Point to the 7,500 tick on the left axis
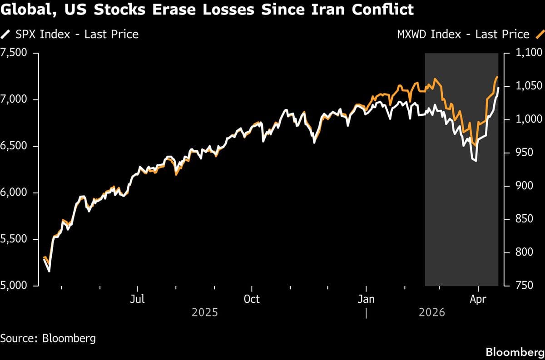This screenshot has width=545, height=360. point(15,53)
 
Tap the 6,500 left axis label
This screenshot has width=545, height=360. point(15,146)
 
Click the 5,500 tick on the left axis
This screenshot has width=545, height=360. point(15,239)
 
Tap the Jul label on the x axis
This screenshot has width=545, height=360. point(137,299)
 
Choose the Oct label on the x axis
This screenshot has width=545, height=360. point(252,299)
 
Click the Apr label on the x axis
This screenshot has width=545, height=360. point(478,299)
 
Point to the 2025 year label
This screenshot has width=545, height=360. point(205,313)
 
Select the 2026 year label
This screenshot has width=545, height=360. point(431,313)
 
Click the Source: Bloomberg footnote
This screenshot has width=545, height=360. point(48,338)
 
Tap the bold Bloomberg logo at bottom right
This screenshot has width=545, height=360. point(515,352)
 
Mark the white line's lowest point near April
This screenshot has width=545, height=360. point(476,161)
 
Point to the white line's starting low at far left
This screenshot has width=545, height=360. point(49,271)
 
